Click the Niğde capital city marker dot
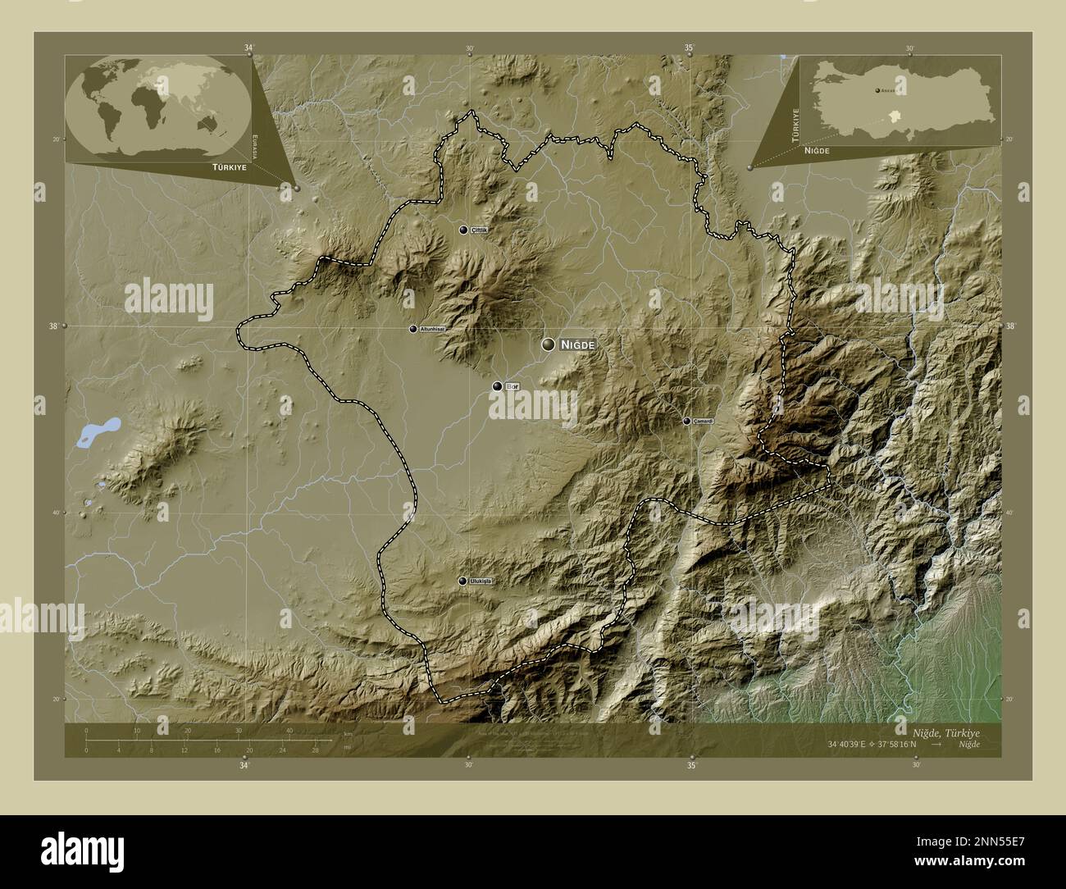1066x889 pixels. [548, 345]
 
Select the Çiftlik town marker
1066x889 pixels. [464, 230]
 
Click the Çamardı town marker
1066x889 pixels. [686, 421]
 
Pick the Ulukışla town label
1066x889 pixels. [484, 581]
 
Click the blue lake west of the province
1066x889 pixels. [97, 432]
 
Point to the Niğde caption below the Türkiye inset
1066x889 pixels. [817, 152]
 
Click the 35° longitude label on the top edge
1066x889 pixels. [690, 48]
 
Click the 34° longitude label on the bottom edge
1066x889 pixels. [244, 766]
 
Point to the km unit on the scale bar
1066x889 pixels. [348, 734]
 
